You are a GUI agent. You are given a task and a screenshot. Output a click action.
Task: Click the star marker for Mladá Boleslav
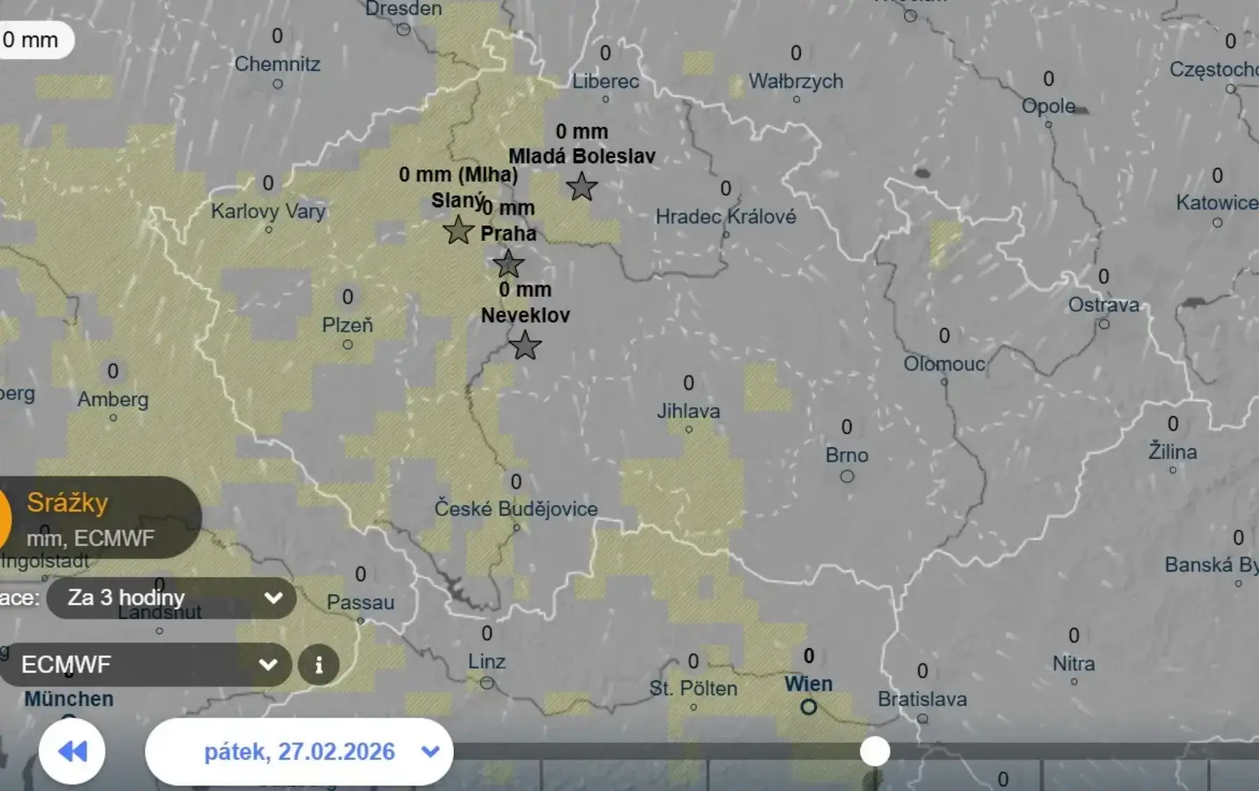pyautogui.click(x=581, y=187)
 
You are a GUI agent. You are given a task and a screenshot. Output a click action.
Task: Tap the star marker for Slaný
pyautogui.click(x=458, y=229)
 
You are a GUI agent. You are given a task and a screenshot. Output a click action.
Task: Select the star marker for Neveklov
pyautogui.click(x=525, y=345)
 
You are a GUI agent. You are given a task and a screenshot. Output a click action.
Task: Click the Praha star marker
pyautogui.click(x=508, y=264)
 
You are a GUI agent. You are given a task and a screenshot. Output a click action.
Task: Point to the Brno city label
pyautogui.click(x=846, y=455)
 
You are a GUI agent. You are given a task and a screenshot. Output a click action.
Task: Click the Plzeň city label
pyautogui.click(x=348, y=325)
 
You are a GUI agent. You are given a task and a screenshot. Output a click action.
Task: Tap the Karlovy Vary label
pyautogui.click(x=269, y=211)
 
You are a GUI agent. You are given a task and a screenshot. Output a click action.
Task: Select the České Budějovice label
pyautogui.click(x=516, y=509)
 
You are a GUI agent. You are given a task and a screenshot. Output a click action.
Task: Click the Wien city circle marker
pyautogui.click(x=809, y=707)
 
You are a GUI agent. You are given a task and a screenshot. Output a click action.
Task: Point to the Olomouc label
pyautogui.click(x=944, y=364)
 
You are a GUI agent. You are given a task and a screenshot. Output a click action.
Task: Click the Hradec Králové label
pyautogui.click(x=725, y=217)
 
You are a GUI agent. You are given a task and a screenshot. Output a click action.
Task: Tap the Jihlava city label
pyautogui.click(x=688, y=411)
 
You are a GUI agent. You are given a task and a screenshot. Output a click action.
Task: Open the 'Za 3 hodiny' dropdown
pyautogui.click(x=171, y=598)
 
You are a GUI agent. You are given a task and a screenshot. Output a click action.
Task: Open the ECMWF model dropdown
pyautogui.click(x=147, y=664)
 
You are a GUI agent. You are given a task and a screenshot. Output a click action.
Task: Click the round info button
pyautogui.click(x=319, y=664)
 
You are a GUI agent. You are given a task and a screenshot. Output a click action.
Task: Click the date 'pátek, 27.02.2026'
pyautogui.click(x=299, y=752)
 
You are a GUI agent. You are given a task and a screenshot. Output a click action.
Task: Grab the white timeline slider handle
pyautogui.click(x=874, y=751)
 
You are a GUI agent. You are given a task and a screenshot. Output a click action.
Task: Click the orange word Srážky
pyautogui.click(x=68, y=503)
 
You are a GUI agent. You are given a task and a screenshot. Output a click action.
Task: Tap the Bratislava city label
pyautogui.click(x=922, y=699)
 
